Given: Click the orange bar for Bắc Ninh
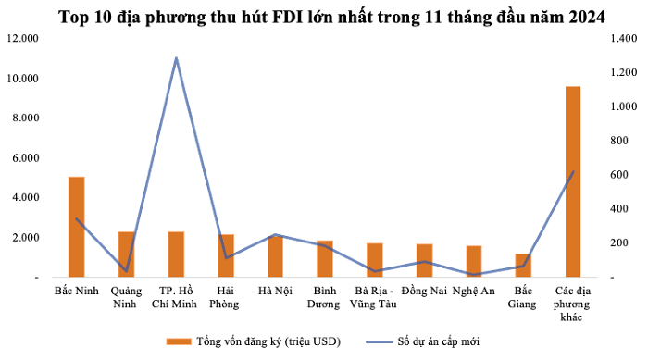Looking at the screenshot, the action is click(x=77, y=227).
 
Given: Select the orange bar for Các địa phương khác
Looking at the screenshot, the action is click(x=573, y=181).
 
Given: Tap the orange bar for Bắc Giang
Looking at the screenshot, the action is click(x=523, y=266).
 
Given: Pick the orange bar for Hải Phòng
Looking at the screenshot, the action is click(x=226, y=255).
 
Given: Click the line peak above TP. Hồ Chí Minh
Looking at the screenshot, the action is click(x=176, y=58).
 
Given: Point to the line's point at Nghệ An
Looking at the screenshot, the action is click(x=474, y=275).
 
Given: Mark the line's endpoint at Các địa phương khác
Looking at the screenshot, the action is click(x=573, y=171).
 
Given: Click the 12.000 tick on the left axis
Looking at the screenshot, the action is click(x=23, y=39).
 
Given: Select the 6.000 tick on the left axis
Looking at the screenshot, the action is click(x=26, y=158).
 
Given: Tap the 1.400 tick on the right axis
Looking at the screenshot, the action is click(x=624, y=39).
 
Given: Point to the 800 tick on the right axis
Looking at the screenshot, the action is click(x=619, y=141).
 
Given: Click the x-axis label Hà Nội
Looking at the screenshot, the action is click(x=275, y=291).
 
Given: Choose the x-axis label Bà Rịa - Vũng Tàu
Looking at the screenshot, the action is click(x=374, y=298).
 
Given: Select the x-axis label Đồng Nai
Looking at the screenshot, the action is click(x=424, y=291).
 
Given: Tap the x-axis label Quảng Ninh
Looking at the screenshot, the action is click(x=126, y=298).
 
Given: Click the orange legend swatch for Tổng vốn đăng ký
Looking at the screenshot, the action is click(x=179, y=341).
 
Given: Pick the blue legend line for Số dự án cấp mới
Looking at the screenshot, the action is click(x=379, y=341).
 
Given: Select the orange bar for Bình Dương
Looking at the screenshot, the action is click(x=325, y=259).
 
